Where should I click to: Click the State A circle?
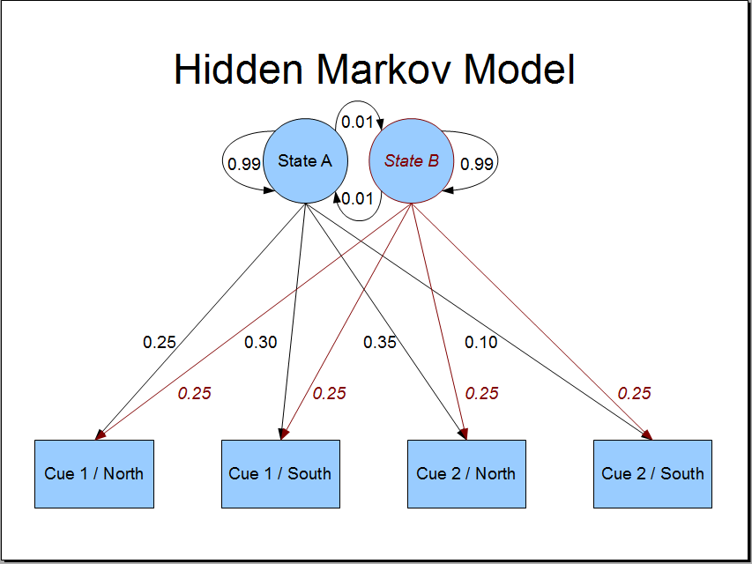tap(306, 161)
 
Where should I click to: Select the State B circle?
tap(411, 161)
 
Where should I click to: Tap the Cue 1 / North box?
tap(94, 474)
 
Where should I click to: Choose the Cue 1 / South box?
tap(280, 474)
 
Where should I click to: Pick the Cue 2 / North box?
tap(466, 474)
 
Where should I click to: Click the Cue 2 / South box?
tap(652, 474)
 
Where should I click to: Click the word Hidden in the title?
tap(238, 69)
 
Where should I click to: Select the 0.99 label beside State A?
tap(244, 164)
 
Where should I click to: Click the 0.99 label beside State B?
tap(477, 164)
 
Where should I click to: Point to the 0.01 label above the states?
tap(357, 122)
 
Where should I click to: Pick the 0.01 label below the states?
tap(357, 198)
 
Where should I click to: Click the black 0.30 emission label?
tap(260, 342)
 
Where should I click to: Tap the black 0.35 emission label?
tap(380, 342)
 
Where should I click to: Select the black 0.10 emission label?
tap(481, 342)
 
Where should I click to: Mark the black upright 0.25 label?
tap(160, 342)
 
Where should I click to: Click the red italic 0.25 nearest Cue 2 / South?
tap(634, 393)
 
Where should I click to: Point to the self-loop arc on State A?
tap(223, 160)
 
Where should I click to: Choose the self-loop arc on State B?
tap(497, 160)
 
